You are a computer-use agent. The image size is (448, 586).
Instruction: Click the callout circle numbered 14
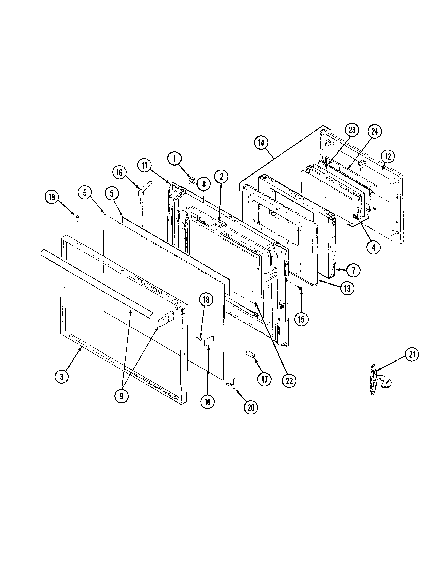(261, 143)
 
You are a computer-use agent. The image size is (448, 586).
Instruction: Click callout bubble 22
(289, 381)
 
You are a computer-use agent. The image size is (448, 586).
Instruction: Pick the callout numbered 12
(388, 157)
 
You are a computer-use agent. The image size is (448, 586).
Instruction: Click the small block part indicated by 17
(250, 354)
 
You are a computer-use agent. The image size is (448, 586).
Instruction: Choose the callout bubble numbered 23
(352, 130)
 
